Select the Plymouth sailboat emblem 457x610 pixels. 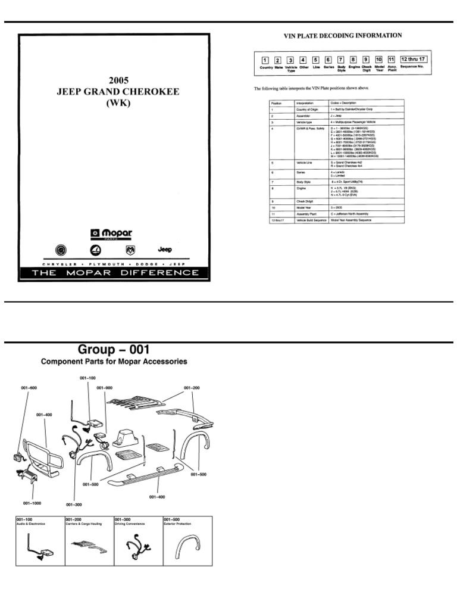tap(96, 250)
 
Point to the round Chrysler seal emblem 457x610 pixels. tap(62, 250)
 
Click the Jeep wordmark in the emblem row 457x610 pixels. tap(165, 249)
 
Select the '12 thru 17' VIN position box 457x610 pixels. tap(412, 59)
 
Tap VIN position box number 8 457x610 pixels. tap(353, 60)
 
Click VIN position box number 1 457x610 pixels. tap(264, 60)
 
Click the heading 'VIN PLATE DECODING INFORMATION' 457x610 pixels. tap(342, 36)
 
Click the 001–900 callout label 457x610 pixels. tap(104, 388)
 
